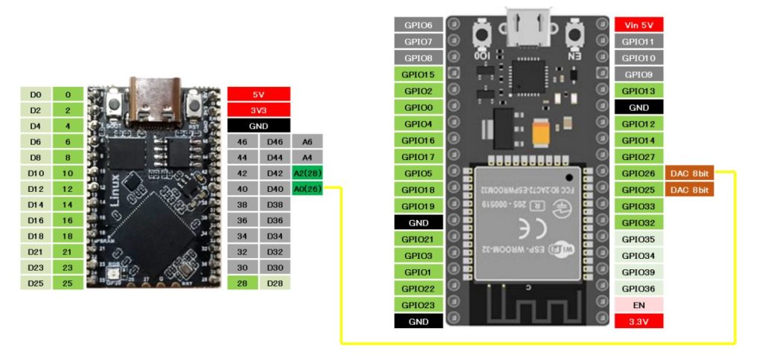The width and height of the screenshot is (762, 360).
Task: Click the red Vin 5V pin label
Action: pyautogui.click(x=638, y=25)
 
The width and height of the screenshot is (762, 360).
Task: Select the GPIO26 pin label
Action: pyautogui.click(x=638, y=174)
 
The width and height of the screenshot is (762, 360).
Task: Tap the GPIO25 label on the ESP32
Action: pyautogui.click(x=638, y=190)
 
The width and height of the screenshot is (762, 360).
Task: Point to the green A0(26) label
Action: pyautogui.click(x=307, y=188)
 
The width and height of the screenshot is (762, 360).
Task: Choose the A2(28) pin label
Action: pyautogui.click(x=307, y=173)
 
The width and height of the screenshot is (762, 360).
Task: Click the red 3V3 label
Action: pyautogui.click(x=258, y=110)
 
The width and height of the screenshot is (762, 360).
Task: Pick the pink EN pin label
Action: pyautogui.click(x=638, y=305)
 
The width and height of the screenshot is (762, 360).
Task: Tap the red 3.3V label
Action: pyautogui.click(x=638, y=321)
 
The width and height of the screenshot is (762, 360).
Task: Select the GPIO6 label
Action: pyautogui.click(x=418, y=25)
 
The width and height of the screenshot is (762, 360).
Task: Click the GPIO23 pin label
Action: pyautogui.click(x=418, y=305)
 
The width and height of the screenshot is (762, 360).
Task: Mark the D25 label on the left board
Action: pyautogui.click(x=36, y=283)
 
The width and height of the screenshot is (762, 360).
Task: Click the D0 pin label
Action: pyautogui.click(x=36, y=94)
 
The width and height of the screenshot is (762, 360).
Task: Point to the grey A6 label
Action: pyautogui.click(x=307, y=141)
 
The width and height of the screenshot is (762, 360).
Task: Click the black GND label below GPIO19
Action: pyautogui.click(x=418, y=222)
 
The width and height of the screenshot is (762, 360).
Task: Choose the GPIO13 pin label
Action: pyautogui.click(x=638, y=91)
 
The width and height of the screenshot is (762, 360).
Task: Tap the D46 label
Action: pyautogui.click(x=275, y=141)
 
